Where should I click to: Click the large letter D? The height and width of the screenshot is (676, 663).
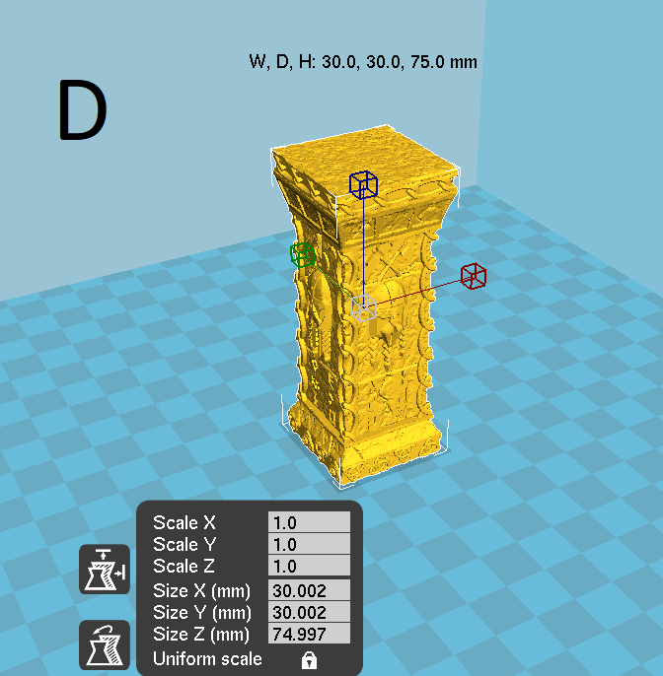click(83, 109)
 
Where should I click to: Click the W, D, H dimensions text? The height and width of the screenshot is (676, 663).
click(363, 62)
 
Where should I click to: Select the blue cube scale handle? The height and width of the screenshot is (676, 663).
click(363, 185)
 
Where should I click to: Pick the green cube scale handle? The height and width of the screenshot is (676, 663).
click(302, 255)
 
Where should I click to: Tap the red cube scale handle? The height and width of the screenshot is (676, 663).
click(474, 276)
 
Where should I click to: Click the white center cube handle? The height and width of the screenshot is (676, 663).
click(363, 307)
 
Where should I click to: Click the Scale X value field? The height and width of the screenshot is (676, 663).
click(309, 522)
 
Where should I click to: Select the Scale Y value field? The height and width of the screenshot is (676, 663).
click(309, 544)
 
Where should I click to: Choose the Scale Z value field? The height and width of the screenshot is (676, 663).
click(309, 566)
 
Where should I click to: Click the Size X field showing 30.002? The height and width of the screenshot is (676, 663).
click(309, 590)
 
